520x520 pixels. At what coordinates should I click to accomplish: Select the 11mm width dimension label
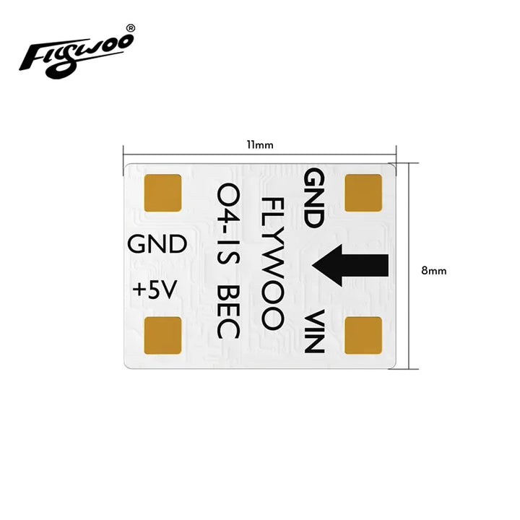pos(259,145)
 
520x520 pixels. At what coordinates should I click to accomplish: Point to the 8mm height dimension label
pos(434,270)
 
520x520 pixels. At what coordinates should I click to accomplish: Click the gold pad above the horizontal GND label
pos(164,193)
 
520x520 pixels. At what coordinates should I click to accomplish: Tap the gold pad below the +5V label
pos(164,336)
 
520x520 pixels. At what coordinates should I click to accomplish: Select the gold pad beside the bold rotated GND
pos(363,193)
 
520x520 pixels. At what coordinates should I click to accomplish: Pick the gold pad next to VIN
pos(363,336)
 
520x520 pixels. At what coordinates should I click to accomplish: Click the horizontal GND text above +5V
pos(157,244)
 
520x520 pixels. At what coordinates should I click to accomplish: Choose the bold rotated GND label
pos(315,198)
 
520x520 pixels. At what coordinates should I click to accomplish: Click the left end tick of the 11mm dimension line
pos(123,152)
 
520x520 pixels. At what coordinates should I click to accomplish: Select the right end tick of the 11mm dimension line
pos(396,152)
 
